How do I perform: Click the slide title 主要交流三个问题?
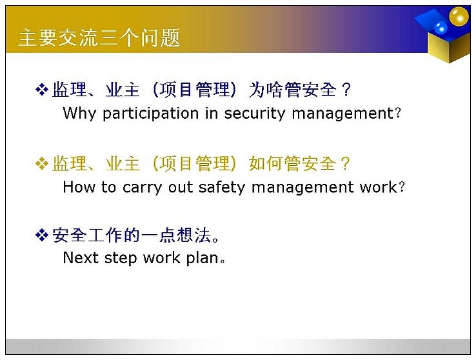point(99,38)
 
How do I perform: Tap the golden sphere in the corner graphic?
point(459,16)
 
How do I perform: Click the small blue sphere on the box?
point(441,28)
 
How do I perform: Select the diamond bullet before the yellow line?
point(41,164)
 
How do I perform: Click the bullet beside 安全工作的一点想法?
point(41,235)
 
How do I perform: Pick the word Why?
point(79,114)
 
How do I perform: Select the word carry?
point(142,188)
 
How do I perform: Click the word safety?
point(222,188)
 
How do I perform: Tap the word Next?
point(81,257)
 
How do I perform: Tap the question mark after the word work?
point(402,187)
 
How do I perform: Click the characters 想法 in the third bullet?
point(193,235)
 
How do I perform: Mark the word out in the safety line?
point(181,188)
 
